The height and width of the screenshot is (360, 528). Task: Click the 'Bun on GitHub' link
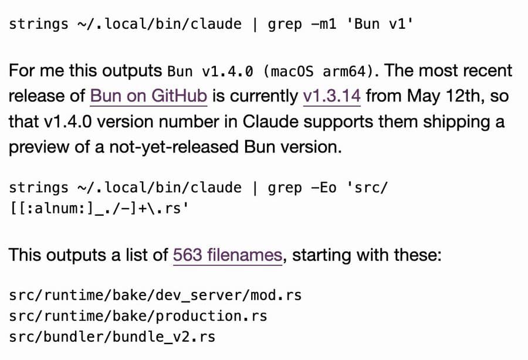coord(148,96)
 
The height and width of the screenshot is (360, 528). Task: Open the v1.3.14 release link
coord(331,96)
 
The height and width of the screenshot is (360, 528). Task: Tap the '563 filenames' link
coord(228,255)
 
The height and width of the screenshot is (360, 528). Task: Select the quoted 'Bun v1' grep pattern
coord(380,24)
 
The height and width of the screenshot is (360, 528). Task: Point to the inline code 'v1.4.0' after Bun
coord(227,72)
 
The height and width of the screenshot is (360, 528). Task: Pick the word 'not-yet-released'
coord(174,147)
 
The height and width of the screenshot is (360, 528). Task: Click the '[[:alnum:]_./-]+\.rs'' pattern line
coord(99,209)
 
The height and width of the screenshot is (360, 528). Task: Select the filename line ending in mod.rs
coord(155,295)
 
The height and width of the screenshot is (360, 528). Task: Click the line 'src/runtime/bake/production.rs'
coord(138,316)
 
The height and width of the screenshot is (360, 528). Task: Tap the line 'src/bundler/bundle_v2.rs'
coord(112,337)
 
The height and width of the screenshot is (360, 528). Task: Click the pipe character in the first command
coord(255,24)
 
